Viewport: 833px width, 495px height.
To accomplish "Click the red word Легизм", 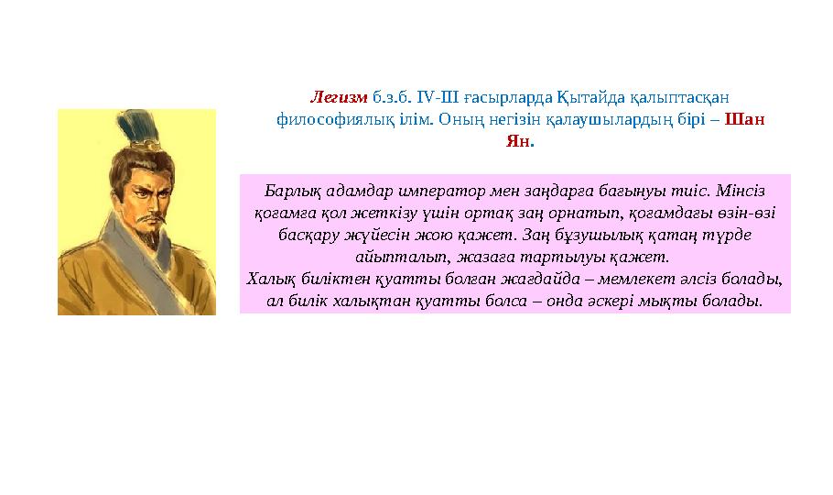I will [339, 96].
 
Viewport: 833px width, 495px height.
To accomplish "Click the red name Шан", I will [750, 120].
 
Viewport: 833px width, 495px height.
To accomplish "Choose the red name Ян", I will [517, 143].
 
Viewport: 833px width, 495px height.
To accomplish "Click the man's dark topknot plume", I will [143, 127].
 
